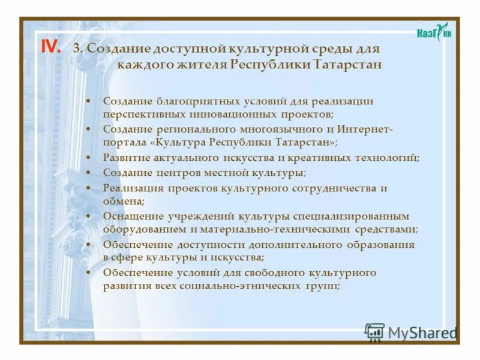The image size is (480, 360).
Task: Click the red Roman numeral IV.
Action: (x=50, y=48)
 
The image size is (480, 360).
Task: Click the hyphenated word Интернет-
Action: (x=365, y=129)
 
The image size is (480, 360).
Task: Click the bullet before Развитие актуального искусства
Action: (x=89, y=158)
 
